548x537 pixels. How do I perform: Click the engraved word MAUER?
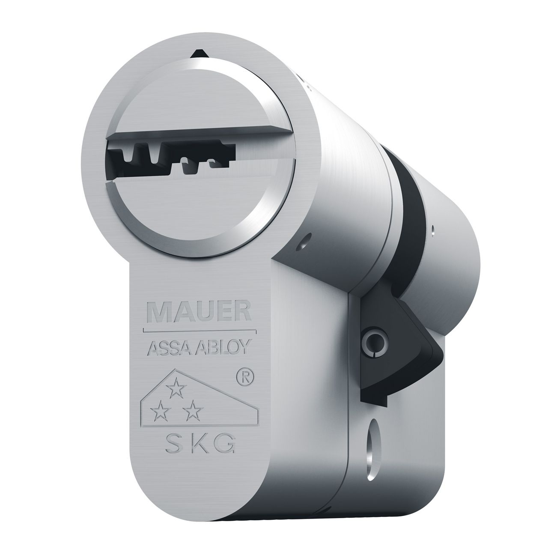199,312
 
